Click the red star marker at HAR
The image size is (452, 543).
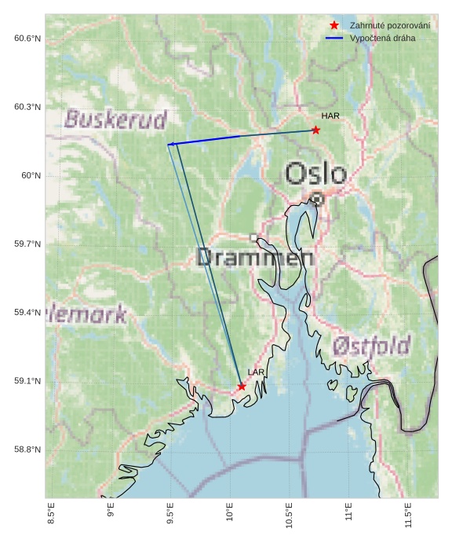click(x=315, y=130)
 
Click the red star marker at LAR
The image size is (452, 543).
click(x=242, y=387)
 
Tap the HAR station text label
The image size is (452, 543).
click(x=330, y=116)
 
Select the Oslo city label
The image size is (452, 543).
click(x=315, y=174)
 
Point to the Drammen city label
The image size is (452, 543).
click(x=250, y=257)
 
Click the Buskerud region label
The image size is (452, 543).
click(x=115, y=119)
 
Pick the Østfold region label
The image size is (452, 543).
click(x=371, y=346)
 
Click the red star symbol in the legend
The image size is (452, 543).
click(x=334, y=26)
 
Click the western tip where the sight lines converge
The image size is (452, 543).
click(x=168, y=145)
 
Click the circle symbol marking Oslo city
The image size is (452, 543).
click(x=316, y=199)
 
